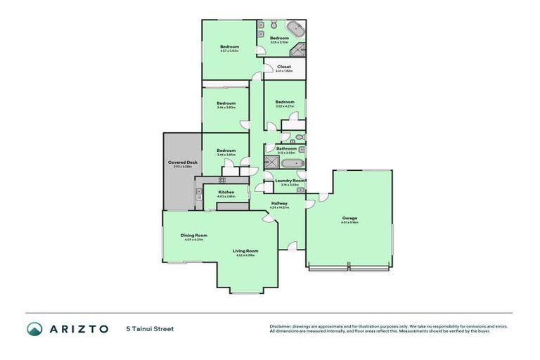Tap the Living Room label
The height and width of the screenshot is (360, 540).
(246, 250)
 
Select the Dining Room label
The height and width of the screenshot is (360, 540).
(193, 235)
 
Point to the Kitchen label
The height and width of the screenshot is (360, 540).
(226, 192)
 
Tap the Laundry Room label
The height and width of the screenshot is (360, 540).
(290, 181)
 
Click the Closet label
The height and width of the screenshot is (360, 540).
(284, 67)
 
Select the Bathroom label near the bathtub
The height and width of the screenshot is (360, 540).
(286, 148)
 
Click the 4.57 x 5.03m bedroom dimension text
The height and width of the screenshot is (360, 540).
(229, 51)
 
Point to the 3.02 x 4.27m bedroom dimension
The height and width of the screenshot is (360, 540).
(284, 106)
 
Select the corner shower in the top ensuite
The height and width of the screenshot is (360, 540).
(299, 51)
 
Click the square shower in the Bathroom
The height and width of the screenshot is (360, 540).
(270, 162)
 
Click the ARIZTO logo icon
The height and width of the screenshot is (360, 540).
(34, 328)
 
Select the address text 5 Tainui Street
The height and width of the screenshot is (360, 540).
(150, 328)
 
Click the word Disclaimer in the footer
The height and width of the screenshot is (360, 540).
(281, 326)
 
